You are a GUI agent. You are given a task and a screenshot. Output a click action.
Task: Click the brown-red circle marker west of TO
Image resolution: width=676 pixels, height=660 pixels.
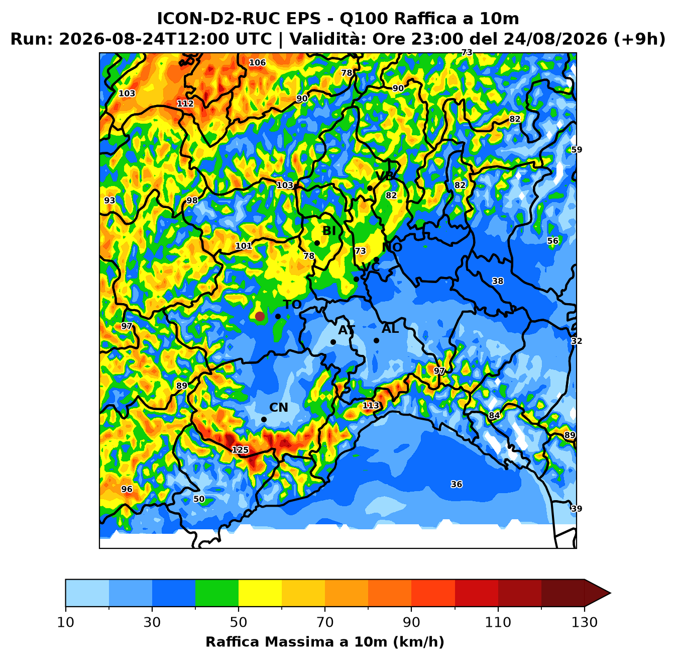[x=260, y=317]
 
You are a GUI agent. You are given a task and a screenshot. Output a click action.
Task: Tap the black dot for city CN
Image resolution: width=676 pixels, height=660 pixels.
[x=264, y=419]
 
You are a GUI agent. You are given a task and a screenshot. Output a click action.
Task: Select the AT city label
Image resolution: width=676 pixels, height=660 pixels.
[x=347, y=330]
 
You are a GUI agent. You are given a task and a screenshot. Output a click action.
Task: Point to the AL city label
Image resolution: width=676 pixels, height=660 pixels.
[x=390, y=328]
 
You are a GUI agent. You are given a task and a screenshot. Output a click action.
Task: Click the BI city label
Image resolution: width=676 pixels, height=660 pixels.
[x=329, y=231]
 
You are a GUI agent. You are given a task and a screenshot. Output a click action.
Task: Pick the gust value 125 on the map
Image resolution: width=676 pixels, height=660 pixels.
[x=240, y=449]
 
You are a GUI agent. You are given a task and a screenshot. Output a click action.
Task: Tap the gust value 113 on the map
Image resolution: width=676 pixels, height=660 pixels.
[x=371, y=405]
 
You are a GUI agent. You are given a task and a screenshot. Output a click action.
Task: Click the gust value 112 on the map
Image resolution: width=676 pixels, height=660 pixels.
[x=185, y=103]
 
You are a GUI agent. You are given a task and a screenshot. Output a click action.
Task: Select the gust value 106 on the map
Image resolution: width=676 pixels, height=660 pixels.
[x=258, y=63]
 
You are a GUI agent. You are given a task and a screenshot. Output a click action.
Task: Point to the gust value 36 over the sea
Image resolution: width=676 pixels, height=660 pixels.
[x=457, y=484]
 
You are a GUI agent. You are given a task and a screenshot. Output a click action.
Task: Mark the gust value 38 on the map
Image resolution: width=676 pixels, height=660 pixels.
[x=497, y=280]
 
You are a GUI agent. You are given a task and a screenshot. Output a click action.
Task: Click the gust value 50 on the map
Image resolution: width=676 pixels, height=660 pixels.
[x=199, y=499]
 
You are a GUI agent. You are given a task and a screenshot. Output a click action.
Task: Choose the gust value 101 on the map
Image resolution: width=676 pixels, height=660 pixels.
[x=244, y=246]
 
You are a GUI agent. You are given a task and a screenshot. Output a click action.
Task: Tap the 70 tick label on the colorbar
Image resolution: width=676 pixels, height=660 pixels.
[x=325, y=622]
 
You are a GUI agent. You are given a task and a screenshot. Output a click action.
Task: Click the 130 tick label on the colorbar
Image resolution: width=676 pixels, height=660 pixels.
[x=584, y=622]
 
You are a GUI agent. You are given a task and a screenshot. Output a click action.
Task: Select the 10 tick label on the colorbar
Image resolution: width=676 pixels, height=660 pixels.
[x=66, y=622]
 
